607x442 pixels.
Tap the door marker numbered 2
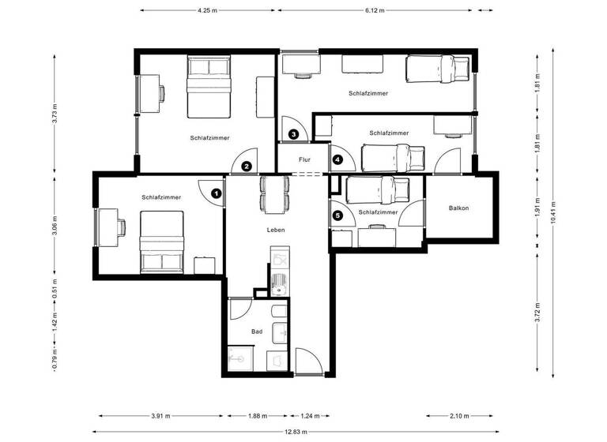[x=247, y=166]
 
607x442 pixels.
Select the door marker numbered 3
[x=294, y=134]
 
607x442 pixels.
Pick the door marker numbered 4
[x=338, y=159]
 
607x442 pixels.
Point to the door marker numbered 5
[x=337, y=215]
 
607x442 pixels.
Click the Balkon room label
[x=458, y=208]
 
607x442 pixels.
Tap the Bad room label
[x=256, y=332]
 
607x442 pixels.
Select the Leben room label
[x=275, y=230]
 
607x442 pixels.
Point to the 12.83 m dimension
[x=299, y=431]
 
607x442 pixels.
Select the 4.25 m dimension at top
[x=209, y=10]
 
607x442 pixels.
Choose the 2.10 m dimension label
[x=458, y=416]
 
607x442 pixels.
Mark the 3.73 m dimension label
[x=55, y=115]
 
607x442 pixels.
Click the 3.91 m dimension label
[x=160, y=416]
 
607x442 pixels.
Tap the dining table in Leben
[x=274, y=193]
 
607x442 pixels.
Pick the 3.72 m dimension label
[x=537, y=313]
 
